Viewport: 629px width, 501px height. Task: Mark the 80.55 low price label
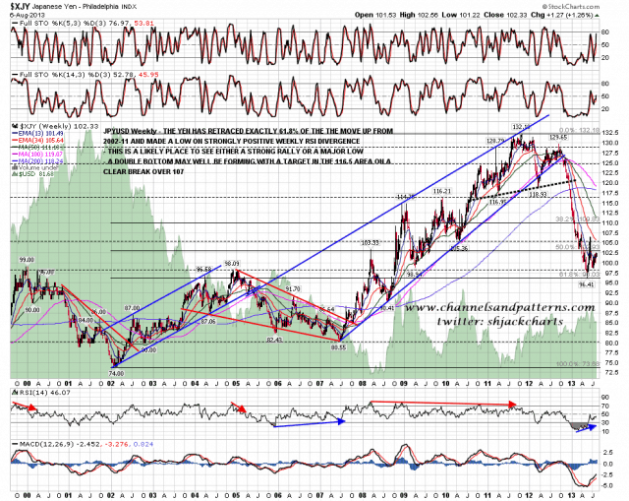tap(340, 346)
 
